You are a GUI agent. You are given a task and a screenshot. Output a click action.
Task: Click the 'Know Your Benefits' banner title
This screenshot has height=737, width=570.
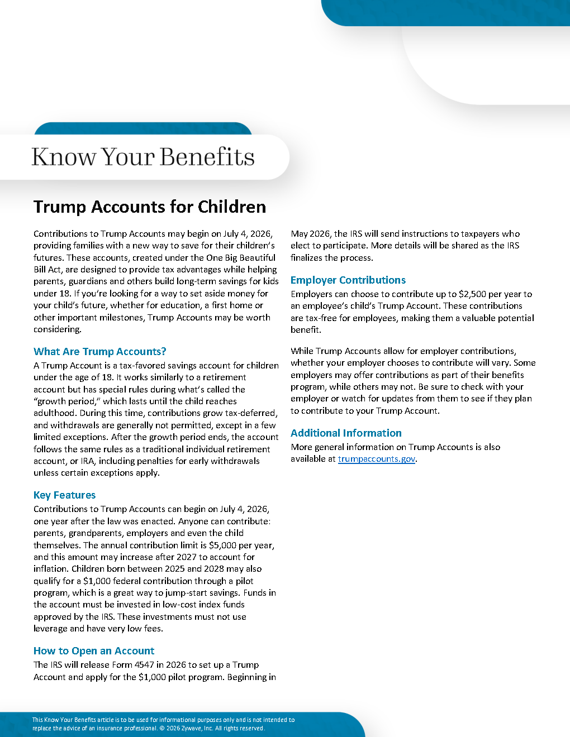point(143,157)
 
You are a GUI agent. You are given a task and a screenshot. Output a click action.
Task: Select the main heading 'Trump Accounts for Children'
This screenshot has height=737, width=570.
point(150,207)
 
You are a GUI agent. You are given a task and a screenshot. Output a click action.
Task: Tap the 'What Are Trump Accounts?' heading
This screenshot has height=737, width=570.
point(100,351)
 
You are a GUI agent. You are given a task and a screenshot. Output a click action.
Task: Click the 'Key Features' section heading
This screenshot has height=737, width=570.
point(64,495)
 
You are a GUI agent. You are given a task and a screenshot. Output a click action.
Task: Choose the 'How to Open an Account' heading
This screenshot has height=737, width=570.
point(94,650)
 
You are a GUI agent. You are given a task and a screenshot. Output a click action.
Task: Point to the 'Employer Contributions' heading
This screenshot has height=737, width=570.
point(348,280)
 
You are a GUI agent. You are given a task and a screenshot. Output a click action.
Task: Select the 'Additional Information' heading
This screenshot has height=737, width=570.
point(346,433)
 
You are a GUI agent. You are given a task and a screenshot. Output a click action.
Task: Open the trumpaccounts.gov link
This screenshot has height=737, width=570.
point(377,459)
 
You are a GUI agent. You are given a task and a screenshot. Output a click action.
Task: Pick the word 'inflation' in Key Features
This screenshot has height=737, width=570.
point(51,568)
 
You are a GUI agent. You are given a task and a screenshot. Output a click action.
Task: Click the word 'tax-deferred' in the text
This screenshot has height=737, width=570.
point(250,413)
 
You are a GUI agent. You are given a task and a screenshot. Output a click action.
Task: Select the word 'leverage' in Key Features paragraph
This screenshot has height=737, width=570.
point(50,628)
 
